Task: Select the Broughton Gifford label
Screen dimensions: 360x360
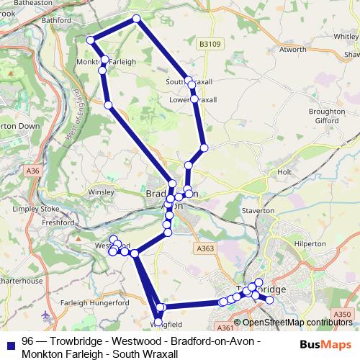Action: pos(326,117)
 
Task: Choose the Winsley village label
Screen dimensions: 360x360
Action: pos(101,192)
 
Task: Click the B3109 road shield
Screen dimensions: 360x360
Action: pos(209,44)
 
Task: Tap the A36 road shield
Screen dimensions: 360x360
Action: pos(32,171)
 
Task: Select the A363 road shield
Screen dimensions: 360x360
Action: pos(204,248)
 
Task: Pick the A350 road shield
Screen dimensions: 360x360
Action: pos(344,314)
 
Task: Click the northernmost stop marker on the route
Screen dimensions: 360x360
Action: pos(136,19)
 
